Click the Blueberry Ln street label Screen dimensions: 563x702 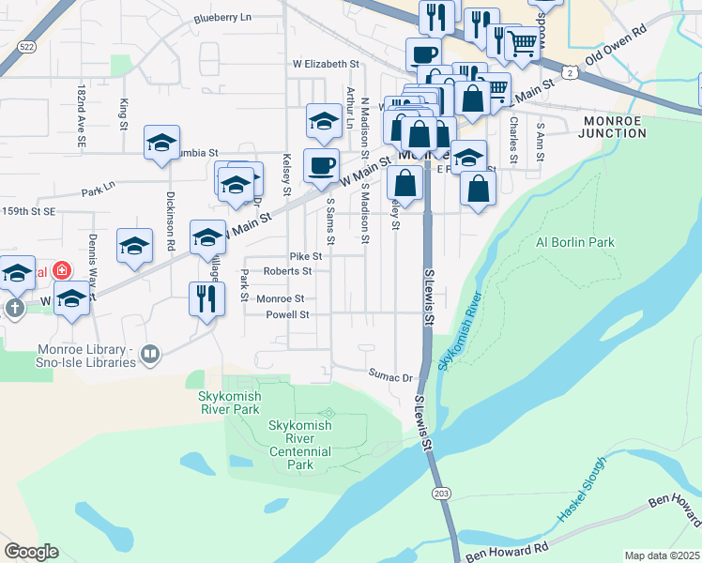[x=222, y=18]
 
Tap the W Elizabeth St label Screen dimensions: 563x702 [x=326, y=64]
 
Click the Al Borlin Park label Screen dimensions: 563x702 [x=574, y=242]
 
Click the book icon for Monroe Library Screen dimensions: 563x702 [x=149, y=354]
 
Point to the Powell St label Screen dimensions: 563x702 [x=287, y=314]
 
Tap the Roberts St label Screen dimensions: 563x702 [x=287, y=271]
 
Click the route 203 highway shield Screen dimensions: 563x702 [x=440, y=493]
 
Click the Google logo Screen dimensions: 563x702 [x=31, y=552]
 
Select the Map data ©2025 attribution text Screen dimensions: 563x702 [x=662, y=555]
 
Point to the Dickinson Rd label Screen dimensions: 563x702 [x=171, y=227]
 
